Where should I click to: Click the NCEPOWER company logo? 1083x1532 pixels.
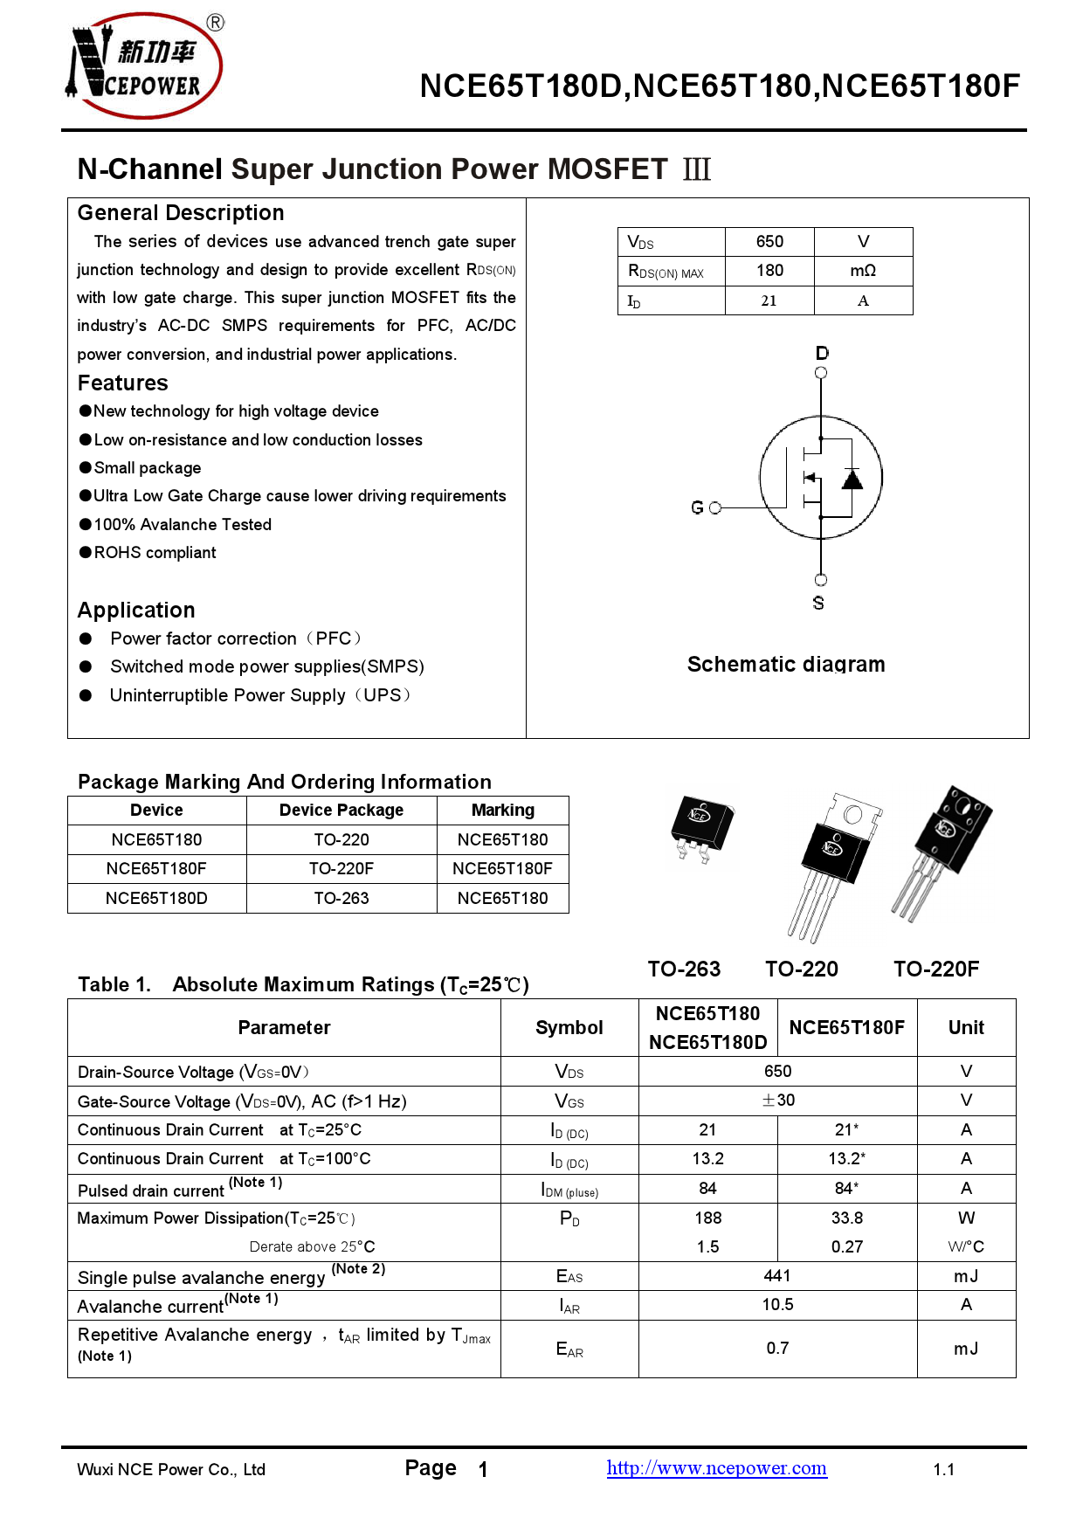tap(145, 66)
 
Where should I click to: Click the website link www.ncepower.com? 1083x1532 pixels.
tap(716, 1468)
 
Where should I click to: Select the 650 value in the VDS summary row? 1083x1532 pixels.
tap(769, 242)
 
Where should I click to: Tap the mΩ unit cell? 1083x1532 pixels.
tap(863, 271)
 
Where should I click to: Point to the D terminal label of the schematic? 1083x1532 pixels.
tap(822, 353)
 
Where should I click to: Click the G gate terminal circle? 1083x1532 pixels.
tap(715, 507)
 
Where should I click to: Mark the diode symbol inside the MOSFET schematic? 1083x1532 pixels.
tap(852, 479)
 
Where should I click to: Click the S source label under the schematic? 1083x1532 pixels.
tap(818, 603)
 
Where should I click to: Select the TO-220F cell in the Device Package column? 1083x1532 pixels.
tap(341, 868)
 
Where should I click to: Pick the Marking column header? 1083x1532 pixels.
tap(502, 810)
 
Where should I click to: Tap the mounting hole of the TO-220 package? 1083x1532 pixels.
tap(852, 815)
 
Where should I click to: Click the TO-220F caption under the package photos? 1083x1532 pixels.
tap(935, 969)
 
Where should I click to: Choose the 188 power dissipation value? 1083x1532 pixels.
tap(707, 1218)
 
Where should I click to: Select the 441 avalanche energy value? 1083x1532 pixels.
tap(777, 1276)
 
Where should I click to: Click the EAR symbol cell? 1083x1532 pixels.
tap(569, 1349)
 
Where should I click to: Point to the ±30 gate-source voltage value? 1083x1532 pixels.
tap(777, 1101)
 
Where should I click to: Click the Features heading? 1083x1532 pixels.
tap(123, 383)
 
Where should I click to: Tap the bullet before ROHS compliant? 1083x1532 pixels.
tap(86, 552)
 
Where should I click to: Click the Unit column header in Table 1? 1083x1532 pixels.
tap(966, 1027)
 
